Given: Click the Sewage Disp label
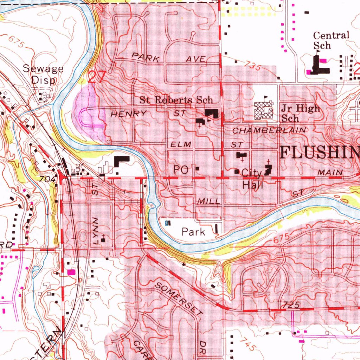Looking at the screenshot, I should click(43, 74).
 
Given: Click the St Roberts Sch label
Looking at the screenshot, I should click(176, 100).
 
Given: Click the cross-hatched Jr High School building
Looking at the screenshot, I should click(264, 110).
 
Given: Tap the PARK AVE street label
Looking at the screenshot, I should click(168, 58).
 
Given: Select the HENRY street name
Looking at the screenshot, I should click(128, 114).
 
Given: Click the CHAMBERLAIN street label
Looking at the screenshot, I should click(270, 130).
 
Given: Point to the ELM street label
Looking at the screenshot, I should click(181, 144).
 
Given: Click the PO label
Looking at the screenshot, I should click(181, 170).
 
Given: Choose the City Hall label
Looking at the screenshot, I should click(252, 179).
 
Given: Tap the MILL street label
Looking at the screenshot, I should click(209, 201).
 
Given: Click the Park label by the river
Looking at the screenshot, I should click(193, 232).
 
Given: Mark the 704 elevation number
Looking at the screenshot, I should click(48, 179).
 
